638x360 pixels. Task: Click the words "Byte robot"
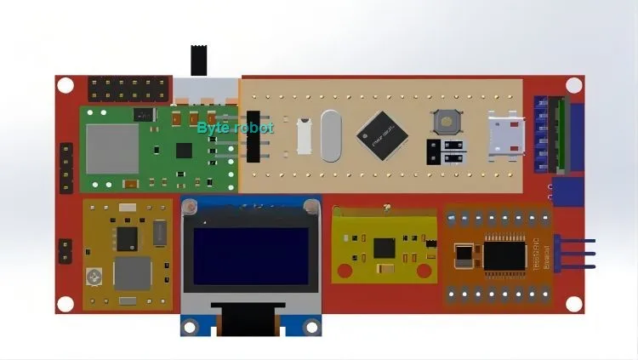(x=235, y=128)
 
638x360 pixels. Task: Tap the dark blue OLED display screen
(x=250, y=255)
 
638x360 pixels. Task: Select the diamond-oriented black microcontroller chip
(x=382, y=134)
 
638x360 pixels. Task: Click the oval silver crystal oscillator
(x=330, y=136)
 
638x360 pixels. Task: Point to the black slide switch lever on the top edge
(x=200, y=60)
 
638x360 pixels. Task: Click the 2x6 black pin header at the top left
(x=128, y=88)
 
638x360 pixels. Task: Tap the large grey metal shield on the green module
(x=111, y=146)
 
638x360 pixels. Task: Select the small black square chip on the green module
(x=184, y=150)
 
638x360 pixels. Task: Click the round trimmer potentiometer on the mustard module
(x=93, y=277)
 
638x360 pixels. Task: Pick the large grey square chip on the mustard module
(x=132, y=273)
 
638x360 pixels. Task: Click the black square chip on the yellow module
(x=384, y=249)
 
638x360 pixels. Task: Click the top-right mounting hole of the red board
(x=574, y=86)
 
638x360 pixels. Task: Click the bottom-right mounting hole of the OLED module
(x=312, y=325)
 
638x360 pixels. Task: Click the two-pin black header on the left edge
(x=65, y=250)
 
